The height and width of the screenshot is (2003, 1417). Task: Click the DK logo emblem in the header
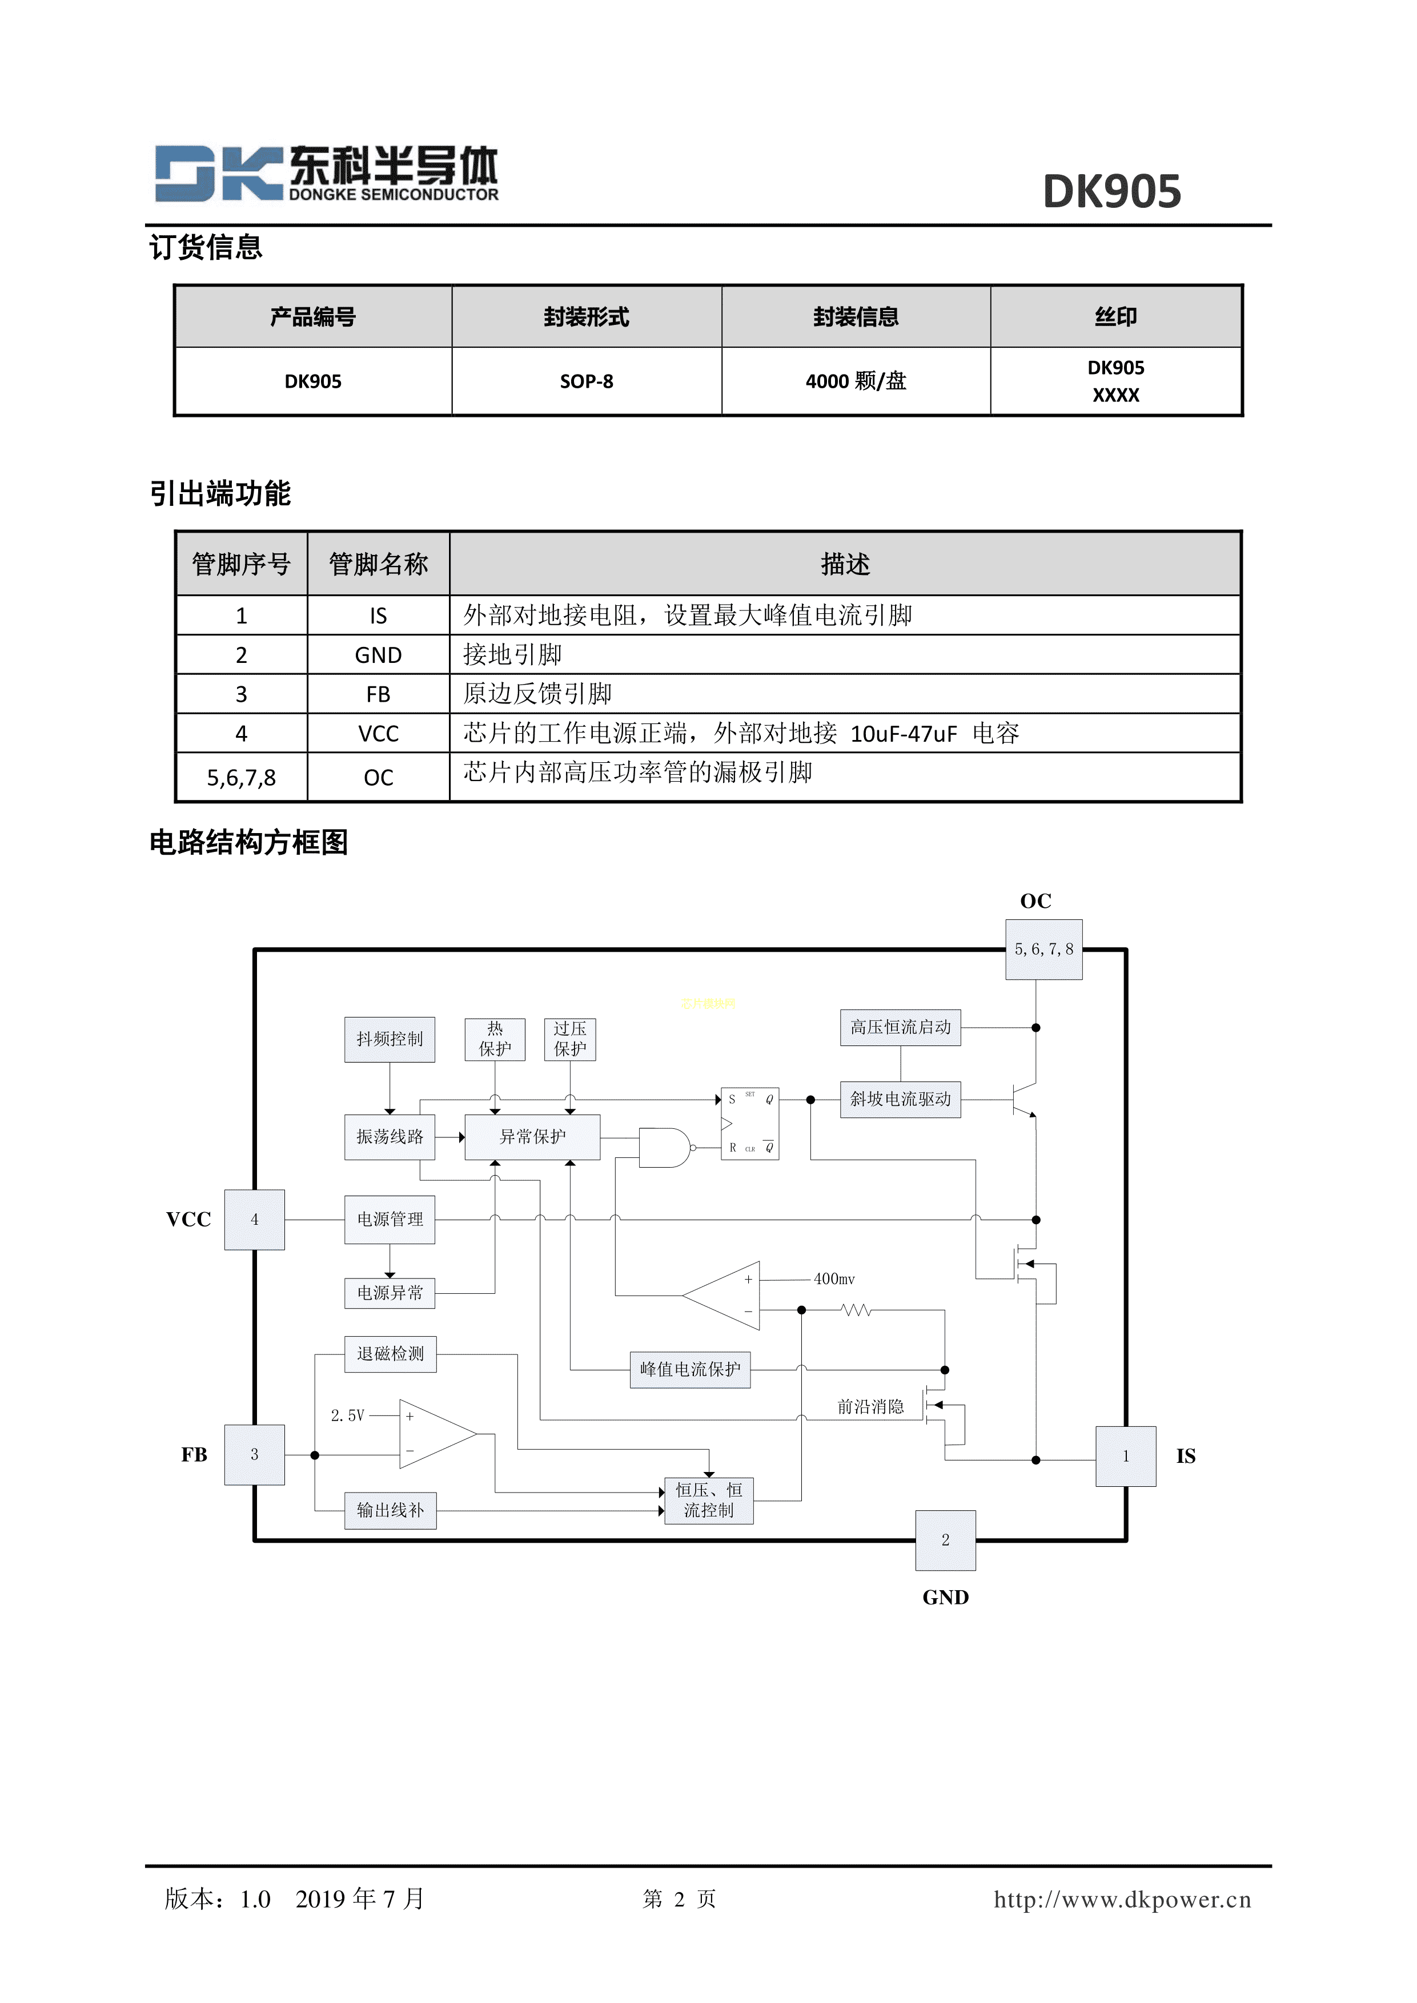[x=218, y=173]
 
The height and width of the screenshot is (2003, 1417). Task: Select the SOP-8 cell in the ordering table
[x=587, y=381]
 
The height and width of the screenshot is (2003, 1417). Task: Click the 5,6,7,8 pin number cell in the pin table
[x=241, y=777]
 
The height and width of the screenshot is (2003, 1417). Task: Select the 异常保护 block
[x=532, y=1137]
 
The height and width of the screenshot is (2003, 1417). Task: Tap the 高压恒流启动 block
[x=901, y=1028]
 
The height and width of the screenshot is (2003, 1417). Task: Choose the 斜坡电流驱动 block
[x=901, y=1099]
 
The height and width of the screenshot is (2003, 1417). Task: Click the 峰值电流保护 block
[x=689, y=1370]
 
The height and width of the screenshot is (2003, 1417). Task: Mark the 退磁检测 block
[x=390, y=1354]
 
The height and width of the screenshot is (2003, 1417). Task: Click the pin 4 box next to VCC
[x=255, y=1220]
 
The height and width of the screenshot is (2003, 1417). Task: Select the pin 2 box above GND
[x=945, y=1541]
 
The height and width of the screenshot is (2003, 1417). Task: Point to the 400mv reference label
[x=834, y=1279]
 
